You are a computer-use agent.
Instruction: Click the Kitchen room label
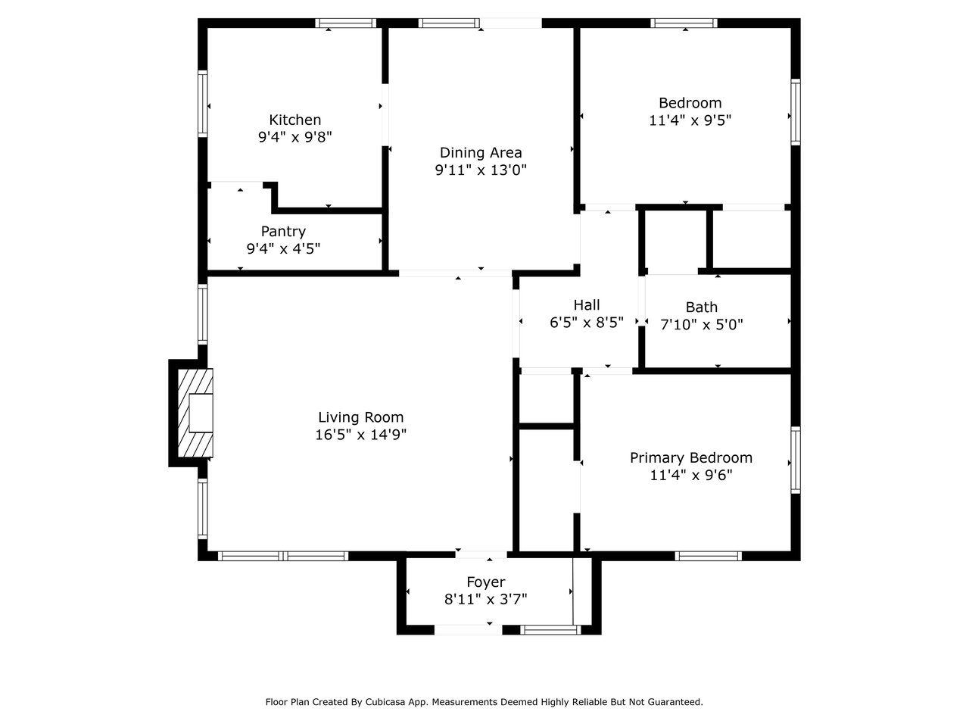pos(295,120)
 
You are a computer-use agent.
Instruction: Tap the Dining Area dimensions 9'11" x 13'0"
pos(481,170)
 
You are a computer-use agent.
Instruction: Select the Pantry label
pos(283,231)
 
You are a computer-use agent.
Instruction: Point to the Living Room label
pos(360,417)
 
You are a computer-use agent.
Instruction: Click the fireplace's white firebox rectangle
pos(201,413)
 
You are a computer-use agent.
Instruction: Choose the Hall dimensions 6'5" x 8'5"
pos(586,323)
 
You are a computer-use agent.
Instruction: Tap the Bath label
pos(702,307)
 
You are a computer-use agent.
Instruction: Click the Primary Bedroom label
pos(691,457)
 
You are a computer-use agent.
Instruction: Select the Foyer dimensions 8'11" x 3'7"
pos(485,600)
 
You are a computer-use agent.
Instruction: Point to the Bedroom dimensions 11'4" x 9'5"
pos(690,120)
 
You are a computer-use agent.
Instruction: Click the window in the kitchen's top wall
pos(346,23)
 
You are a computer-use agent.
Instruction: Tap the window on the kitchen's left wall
pos(203,103)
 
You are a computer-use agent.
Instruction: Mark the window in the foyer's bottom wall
pos(550,630)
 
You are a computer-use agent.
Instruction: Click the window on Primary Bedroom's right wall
pos(796,460)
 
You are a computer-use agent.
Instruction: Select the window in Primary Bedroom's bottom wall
pos(708,556)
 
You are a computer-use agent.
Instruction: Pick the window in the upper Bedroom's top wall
pos(684,23)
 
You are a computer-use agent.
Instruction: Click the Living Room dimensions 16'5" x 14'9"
pos(360,435)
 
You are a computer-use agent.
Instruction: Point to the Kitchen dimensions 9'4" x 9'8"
pos(295,137)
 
